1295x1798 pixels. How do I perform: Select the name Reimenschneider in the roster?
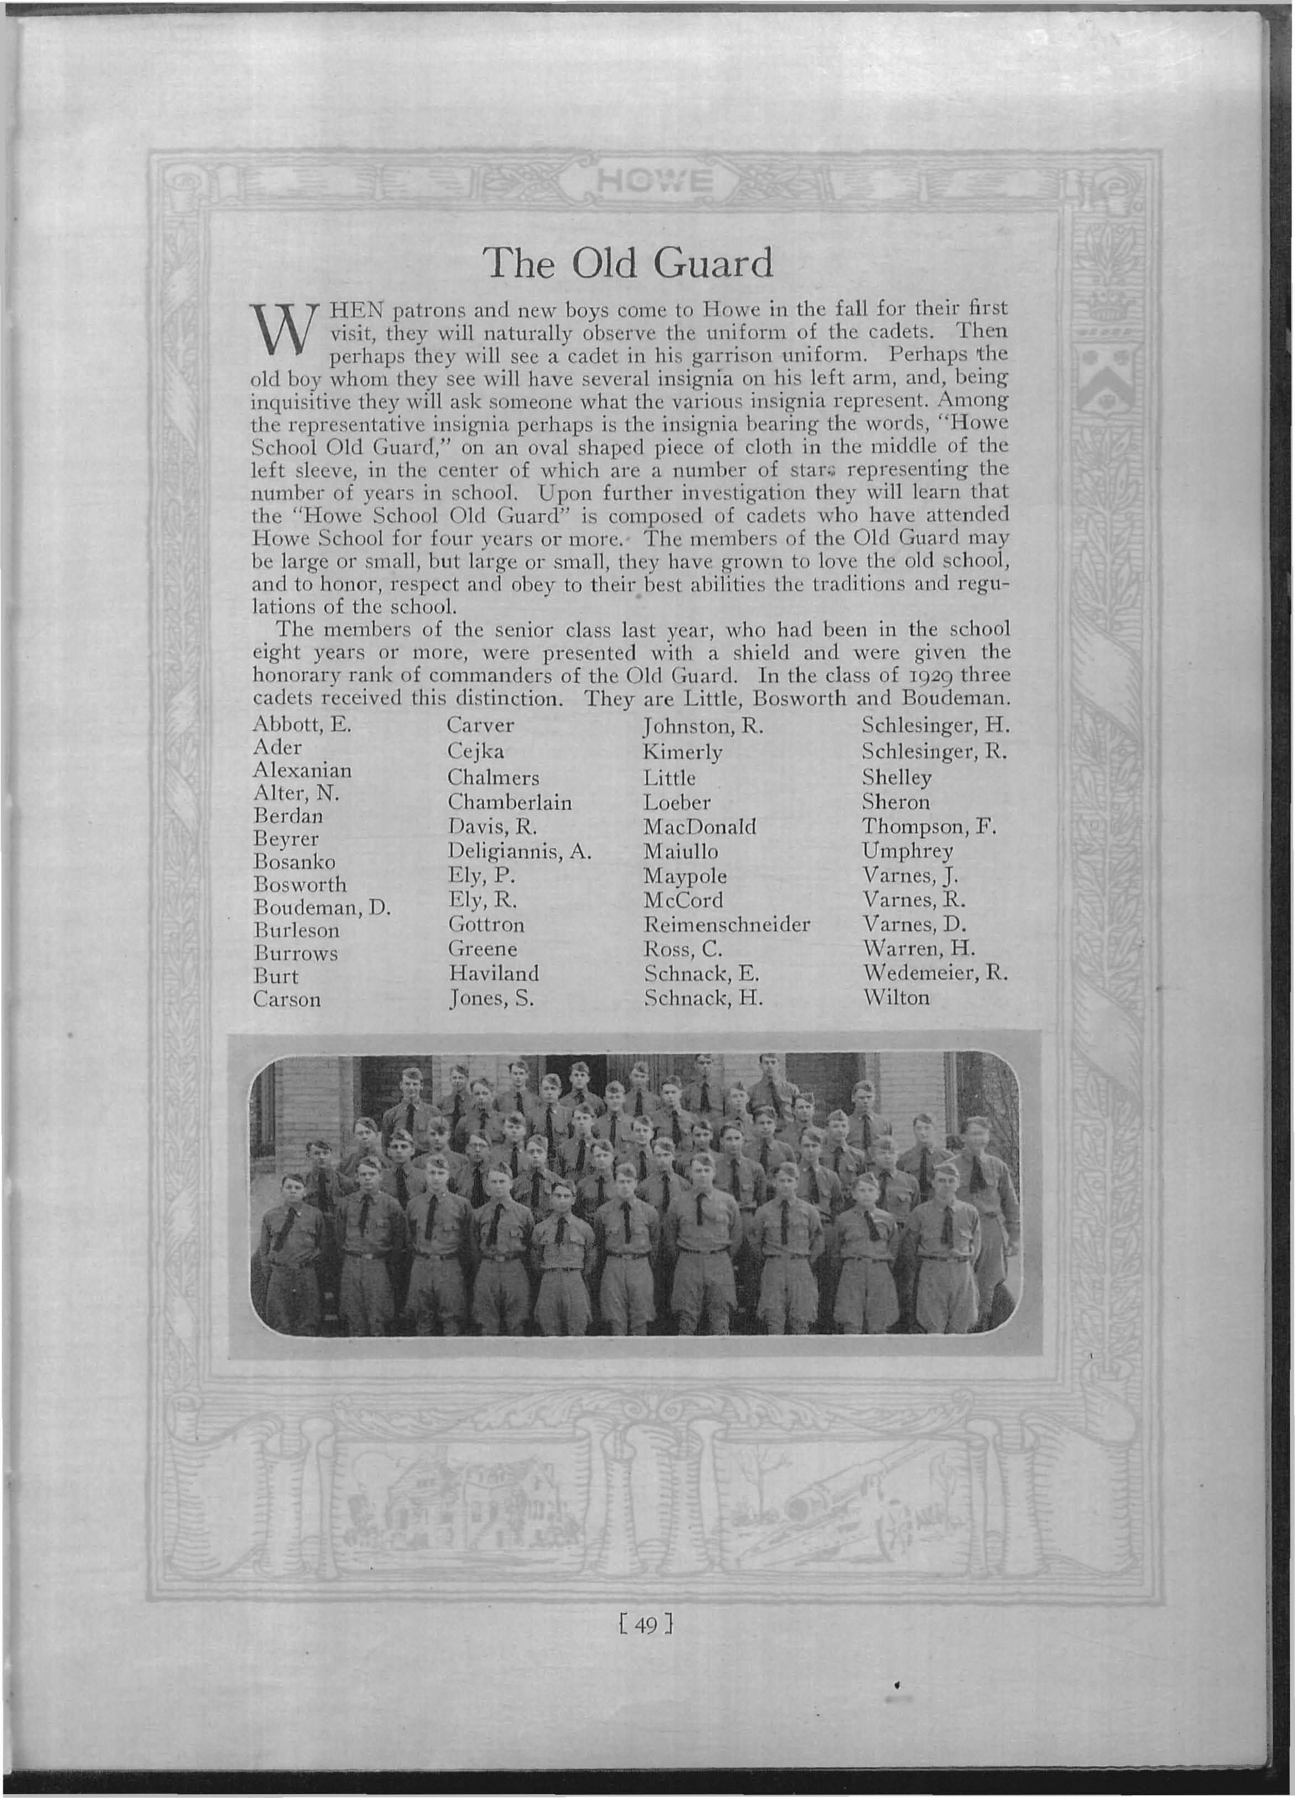click(x=727, y=924)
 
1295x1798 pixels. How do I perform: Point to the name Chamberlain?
click(x=509, y=802)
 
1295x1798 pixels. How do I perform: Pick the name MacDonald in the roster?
click(x=700, y=827)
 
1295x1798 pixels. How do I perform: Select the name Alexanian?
click(x=302, y=770)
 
